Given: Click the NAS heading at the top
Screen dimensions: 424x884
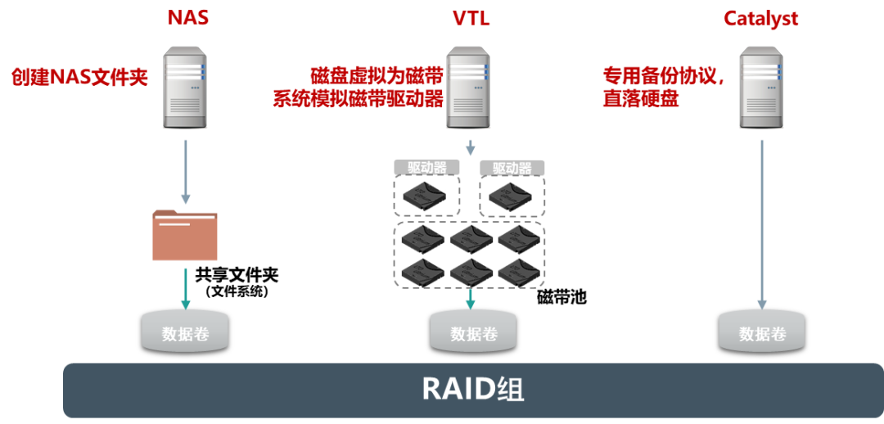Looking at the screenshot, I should tap(187, 16).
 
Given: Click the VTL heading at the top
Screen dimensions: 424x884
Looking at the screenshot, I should tap(471, 16).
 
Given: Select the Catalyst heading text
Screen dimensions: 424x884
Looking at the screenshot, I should tap(760, 18).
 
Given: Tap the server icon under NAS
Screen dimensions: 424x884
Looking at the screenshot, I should tap(186, 87).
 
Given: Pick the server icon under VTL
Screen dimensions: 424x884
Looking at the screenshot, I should tap(470, 87).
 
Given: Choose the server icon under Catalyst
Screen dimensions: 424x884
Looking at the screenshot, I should tap(762, 87).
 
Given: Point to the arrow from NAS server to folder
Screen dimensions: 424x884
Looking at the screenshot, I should tap(186, 172).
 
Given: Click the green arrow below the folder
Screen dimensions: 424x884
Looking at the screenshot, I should tap(186, 288).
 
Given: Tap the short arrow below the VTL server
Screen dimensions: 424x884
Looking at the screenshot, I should tap(471, 147).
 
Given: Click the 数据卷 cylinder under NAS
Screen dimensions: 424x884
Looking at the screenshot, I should tap(186, 332).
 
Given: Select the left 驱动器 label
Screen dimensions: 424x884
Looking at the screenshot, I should tap(426, 168).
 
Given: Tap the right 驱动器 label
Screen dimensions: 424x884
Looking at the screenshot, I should tap(512, 168).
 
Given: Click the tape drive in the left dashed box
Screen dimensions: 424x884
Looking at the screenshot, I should tap(426, 196).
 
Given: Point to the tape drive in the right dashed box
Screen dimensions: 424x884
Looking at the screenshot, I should tap(512, 196).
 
